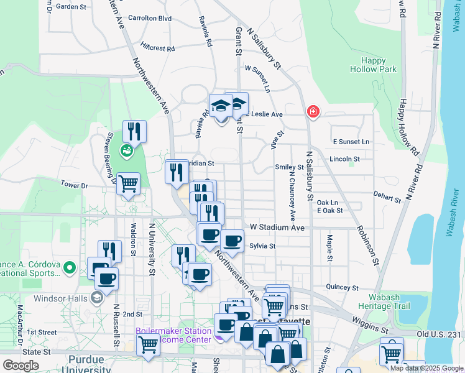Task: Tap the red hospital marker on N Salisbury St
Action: point(313,112)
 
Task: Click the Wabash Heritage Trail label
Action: point(385,301)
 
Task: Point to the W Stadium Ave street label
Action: point(277,228)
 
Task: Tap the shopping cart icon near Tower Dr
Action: point(128,183)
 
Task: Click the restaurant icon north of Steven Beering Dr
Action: point(134,131)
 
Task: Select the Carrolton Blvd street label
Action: point(149,19)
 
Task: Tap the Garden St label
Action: point(71,7)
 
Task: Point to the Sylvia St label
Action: point(262,246)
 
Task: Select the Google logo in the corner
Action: point(21,365)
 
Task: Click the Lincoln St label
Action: point(345,159)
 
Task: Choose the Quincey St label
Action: point(339,287)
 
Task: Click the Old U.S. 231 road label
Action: point(440,334)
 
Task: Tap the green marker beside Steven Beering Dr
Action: point(126,150)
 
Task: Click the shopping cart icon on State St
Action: point(148,344)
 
